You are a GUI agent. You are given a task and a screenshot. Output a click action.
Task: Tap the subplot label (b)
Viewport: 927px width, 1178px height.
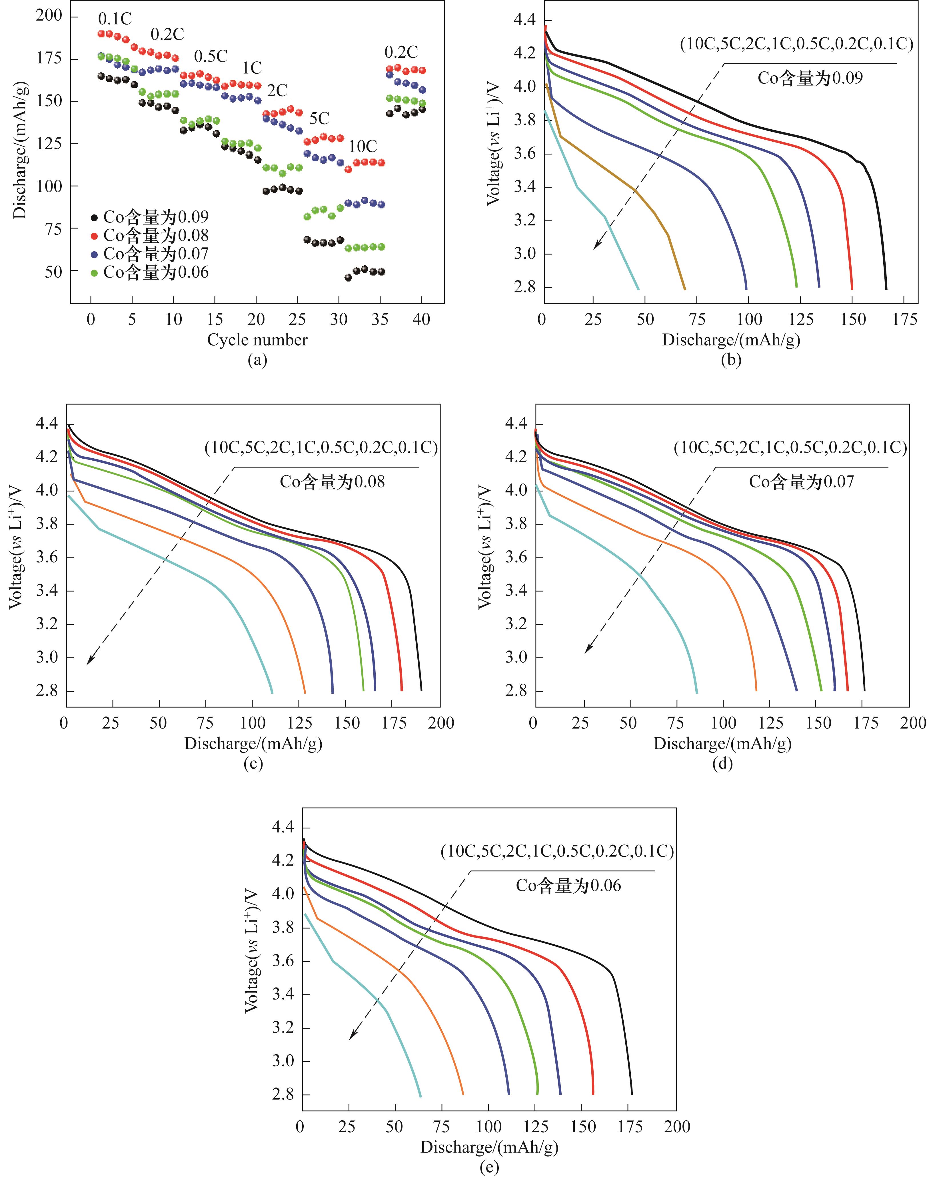tap(730, 359)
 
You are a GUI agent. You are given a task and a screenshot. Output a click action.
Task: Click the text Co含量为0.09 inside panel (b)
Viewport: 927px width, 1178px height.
tap(810, 78)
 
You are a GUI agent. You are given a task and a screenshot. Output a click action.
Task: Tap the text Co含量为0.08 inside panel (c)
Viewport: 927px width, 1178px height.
tap(332, 482)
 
